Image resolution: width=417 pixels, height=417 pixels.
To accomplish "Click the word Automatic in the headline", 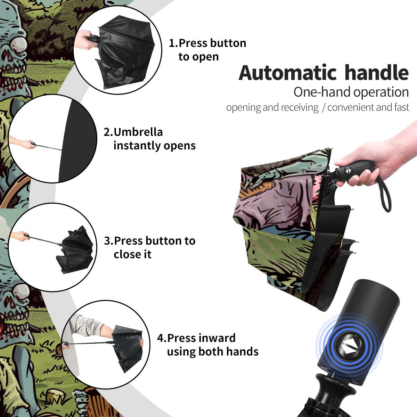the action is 288,73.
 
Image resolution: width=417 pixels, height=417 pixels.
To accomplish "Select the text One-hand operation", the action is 351,92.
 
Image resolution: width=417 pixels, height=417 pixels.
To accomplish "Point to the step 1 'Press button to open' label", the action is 207,50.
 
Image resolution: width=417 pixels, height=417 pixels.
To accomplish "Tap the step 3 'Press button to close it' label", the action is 149,247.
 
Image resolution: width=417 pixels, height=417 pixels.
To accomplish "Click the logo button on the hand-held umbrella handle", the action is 347,171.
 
